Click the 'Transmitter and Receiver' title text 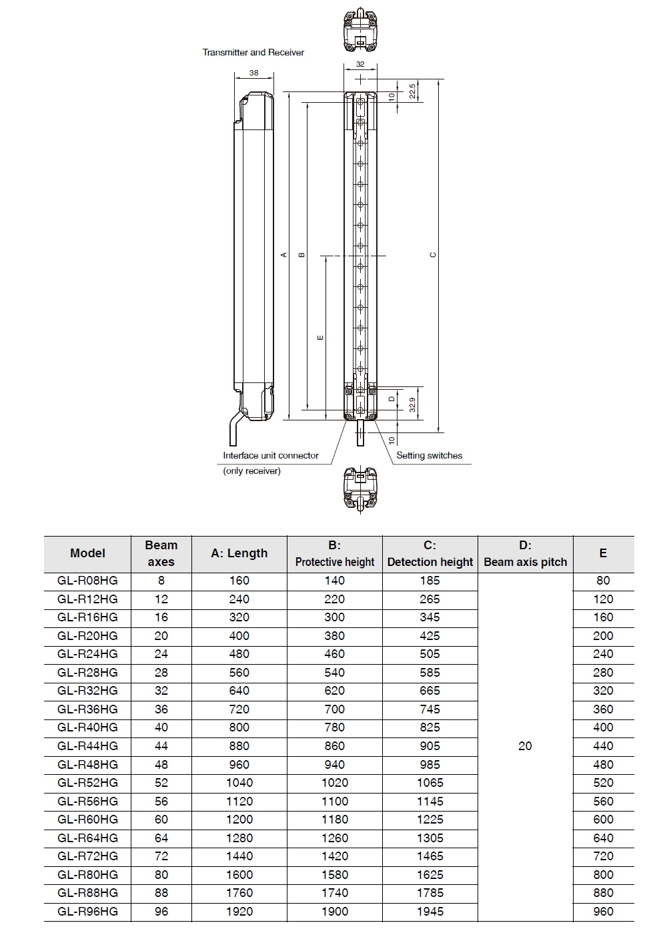click(x=253, y=52)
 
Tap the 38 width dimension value click(x=254, y=73)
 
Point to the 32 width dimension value click(x=360, y=64)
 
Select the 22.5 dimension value click(x=413, y=91)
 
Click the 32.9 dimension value click(x=412, y=404)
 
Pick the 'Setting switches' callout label click(x=429, y=456)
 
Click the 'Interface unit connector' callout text click(x=271, y=456)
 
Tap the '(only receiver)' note click(x=251, y=471)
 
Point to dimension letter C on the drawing click(x=433, y=255)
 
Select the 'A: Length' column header click(x=239, y=553)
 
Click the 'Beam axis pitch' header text click(x=525, y=562)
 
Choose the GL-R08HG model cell click(x=87, y=581)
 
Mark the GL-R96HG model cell click(x=87, y=912)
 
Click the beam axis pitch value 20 click(x=525, y=746)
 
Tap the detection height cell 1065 click(x=430, y=783)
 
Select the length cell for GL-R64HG click(x=239, y=838)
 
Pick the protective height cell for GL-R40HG click(x=334, y=727)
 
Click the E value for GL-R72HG click(x=603, y=856)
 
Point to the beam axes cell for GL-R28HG click(x=161, y=673)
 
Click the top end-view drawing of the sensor click(x=360, y=30)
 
